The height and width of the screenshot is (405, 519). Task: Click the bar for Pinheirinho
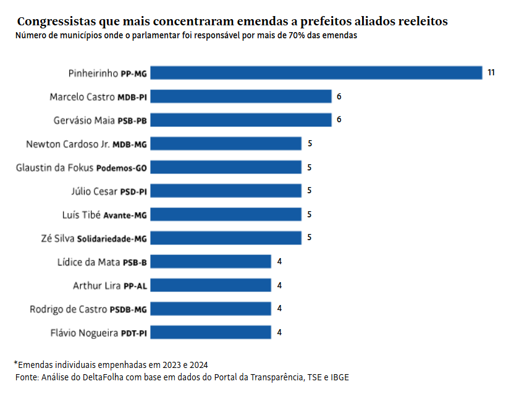pos(316,73)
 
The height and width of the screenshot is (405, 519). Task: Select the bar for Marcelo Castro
pos(241,96)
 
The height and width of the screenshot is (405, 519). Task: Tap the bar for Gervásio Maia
pos(241,120)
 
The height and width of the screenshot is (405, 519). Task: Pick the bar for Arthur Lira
pos(211,285)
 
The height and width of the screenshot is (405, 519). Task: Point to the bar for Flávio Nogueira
pos(211,333)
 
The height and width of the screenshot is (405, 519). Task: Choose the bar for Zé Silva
pos(226,238)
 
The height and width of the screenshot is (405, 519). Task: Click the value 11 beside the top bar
pos(491,73)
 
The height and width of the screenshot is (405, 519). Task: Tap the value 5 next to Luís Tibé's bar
pos(310,214)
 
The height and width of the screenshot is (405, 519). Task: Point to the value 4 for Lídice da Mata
pos(279,262)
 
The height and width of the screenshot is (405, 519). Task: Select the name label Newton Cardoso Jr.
pos(68,144)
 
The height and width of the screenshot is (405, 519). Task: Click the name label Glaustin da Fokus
pos(55,167)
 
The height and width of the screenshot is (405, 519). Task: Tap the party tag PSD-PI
pos(133,191)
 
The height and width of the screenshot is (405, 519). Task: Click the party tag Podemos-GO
pos(122,168)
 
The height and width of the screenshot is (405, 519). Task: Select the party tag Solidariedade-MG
pos(112,238)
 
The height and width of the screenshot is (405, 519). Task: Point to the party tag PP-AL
pos(135,286)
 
